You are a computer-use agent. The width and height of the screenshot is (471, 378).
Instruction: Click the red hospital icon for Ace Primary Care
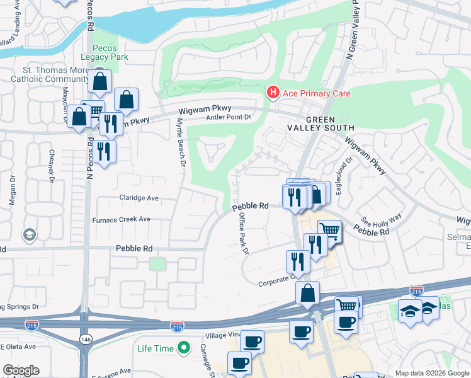[x=273, y=93]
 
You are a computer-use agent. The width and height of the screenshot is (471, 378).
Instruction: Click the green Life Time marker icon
[x=184, y=348]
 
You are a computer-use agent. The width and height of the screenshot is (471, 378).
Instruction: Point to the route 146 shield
[x=84, y=339]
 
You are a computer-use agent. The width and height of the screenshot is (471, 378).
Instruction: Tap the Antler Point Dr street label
[x=229, y=117]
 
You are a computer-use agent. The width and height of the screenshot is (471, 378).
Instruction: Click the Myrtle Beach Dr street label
[x=181, y=143]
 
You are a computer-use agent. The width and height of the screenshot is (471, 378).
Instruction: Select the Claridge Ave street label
[x=139, y=197]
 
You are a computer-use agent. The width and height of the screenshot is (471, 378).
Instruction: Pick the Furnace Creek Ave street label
[x=122, y=219]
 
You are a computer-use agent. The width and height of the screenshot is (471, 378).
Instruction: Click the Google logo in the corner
[x=20, y=370]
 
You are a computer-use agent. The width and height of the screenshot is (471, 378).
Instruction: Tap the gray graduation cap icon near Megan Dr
[x=29, y=236]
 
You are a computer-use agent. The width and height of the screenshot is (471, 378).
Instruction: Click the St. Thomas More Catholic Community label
[x=49, y=74]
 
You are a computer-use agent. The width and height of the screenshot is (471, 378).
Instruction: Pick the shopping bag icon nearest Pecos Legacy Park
[x=99, y=81]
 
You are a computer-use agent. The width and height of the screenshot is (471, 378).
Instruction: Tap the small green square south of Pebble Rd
[x=157, y=264]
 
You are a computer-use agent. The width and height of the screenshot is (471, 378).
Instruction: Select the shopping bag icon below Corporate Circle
[x=307, y=293]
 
